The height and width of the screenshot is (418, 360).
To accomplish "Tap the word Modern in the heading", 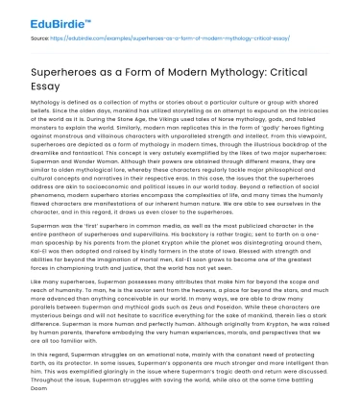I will tap(187, 73).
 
